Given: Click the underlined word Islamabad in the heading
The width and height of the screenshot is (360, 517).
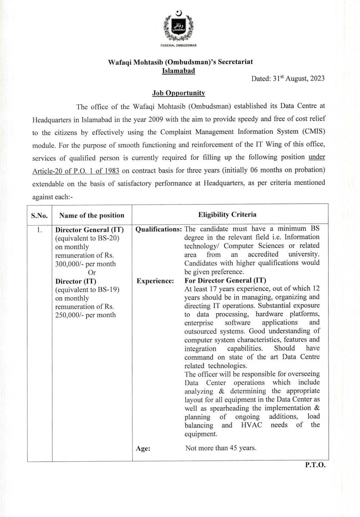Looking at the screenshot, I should click(x=178, y=70).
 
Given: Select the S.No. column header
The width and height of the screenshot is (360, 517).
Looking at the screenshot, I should click(x=39, y=215).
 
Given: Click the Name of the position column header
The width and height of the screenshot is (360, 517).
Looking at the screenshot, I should click(x=91, y=215).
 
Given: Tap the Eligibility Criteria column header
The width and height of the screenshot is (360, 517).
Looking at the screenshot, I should click(x=227, y=214).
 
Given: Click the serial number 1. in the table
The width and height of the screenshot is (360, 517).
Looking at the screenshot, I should click(x=39, y=230).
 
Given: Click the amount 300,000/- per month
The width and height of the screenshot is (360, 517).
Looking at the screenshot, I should click(x=85, y=264).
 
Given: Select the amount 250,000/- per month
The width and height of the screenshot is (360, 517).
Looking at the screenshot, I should click(x=85, y=315).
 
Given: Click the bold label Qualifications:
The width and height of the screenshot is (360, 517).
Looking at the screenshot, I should click(x=158, y=230).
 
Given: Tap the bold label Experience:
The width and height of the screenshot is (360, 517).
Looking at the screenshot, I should click(x=155, y=281).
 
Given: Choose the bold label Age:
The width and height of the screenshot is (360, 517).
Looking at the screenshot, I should click(x=143, y=448).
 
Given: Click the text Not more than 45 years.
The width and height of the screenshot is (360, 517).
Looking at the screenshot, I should click(x=221, y=448).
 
